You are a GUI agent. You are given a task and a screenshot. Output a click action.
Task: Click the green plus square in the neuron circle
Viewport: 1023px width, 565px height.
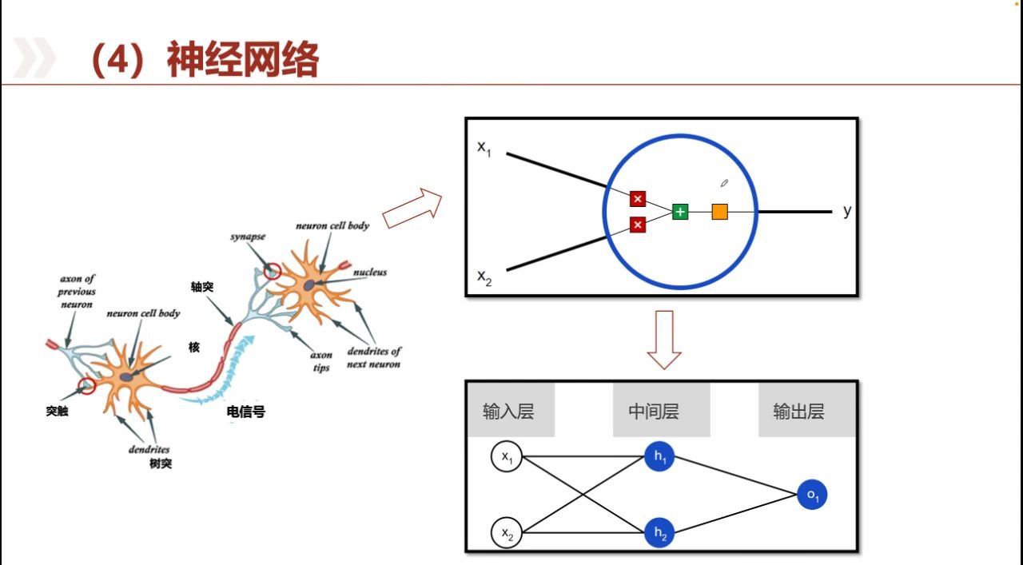click(680, 212)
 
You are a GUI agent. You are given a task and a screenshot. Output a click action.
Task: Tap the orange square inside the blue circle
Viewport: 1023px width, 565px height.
click(719, 212)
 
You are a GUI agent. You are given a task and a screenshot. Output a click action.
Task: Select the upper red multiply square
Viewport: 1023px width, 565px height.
click(637, 199)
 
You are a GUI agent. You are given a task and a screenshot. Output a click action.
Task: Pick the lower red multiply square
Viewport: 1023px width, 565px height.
click(637, 225)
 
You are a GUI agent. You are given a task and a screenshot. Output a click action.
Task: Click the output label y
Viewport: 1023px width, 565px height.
click(847, 211)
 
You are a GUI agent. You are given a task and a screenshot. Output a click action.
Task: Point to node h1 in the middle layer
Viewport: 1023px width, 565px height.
click(659, 457)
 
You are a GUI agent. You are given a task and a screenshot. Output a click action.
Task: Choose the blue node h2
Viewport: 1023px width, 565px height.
click(659, 532)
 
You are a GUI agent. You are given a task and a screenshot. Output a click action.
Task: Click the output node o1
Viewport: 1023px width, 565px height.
click(812, 495)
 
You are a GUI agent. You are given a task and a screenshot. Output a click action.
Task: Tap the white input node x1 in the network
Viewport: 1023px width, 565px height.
click(507, 457)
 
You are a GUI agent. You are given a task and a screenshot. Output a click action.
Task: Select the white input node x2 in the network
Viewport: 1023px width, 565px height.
click(507, 532)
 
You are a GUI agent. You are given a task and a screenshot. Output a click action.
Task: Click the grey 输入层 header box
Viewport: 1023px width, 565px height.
click(508, 412)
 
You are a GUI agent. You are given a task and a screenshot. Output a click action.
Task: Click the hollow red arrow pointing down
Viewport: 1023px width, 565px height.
click(663, 340)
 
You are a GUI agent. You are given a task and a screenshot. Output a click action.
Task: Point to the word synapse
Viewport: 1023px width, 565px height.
click(248, 237)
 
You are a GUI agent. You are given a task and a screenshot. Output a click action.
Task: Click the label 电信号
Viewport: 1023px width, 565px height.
click(246, 412)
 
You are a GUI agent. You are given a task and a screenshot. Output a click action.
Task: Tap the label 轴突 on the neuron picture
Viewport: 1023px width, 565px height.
click(202, 287)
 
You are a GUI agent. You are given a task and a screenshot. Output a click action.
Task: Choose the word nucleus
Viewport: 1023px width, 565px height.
click(370, 273)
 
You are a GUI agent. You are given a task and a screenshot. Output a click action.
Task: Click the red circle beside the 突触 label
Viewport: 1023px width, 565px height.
click(87, 387)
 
